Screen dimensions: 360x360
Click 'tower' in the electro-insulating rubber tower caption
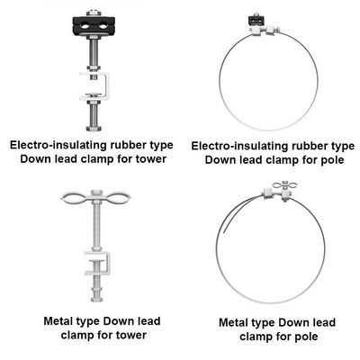147,160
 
